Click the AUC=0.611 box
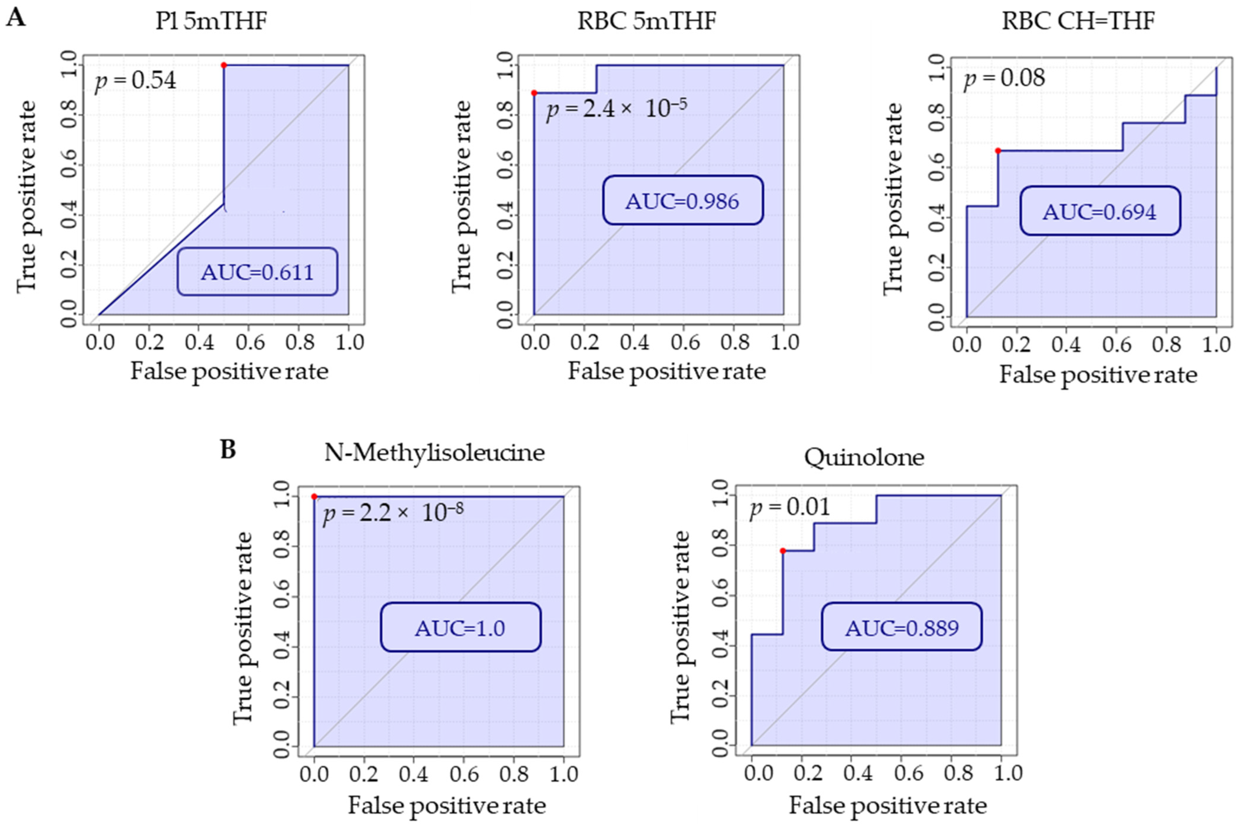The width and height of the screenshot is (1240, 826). [x=257, y=272]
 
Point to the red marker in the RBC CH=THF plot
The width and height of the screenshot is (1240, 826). [x=998, y=151]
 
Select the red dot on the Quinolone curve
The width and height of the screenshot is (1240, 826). [x=783, y=551]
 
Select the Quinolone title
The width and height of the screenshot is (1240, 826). [x=864, y=457]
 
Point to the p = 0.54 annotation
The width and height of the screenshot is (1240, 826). [x=135, y=81]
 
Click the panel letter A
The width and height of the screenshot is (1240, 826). [x=16, y=18]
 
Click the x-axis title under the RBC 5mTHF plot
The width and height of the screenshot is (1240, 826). [x=666, y=371]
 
